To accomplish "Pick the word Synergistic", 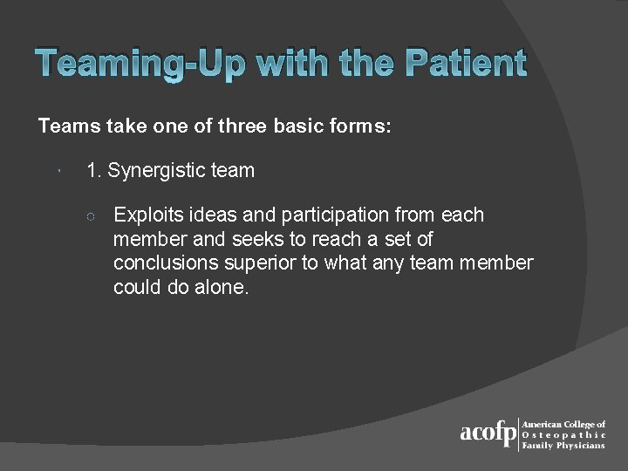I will pyautogui.click(x=156, y=171).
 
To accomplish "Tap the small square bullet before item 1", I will pyautogui.click(x=56, y=171).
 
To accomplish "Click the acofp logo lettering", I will pyautogui.click(x=488, y=433).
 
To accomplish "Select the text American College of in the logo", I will pyautogui.click(x=563, y=425).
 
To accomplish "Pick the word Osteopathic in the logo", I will pyautogui.click(x=563, y=435).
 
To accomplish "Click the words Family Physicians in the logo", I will pyautogui.click(x=563, y=446).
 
